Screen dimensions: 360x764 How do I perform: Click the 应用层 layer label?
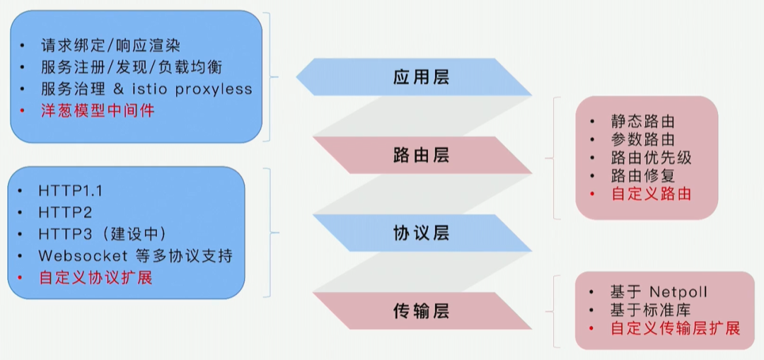(421, 77)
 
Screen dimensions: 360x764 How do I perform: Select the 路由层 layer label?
(421, 155)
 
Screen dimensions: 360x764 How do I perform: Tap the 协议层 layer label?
(421, 233)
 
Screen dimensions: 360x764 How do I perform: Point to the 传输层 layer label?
(421, 310)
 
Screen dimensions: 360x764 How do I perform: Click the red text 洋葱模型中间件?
(97, 110)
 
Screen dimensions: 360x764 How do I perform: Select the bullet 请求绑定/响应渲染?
(110, 45)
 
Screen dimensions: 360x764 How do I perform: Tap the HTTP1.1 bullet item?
(71, 191)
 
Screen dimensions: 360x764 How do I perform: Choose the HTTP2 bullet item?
(65, 212)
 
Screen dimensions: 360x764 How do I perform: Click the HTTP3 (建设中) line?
(103, 234)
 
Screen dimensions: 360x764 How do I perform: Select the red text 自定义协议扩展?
(95, 277)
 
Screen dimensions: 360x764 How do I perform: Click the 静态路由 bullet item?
(642, 122)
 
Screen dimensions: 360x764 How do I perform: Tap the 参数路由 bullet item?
(642, 139)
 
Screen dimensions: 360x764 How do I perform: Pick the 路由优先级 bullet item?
(651, 157)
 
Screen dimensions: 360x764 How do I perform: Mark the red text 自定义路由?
(651, 193)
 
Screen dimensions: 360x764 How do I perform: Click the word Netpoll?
(678, 291)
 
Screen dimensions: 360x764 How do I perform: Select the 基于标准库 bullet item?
(651, 310)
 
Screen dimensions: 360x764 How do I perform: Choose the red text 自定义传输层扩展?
(675, 328)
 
